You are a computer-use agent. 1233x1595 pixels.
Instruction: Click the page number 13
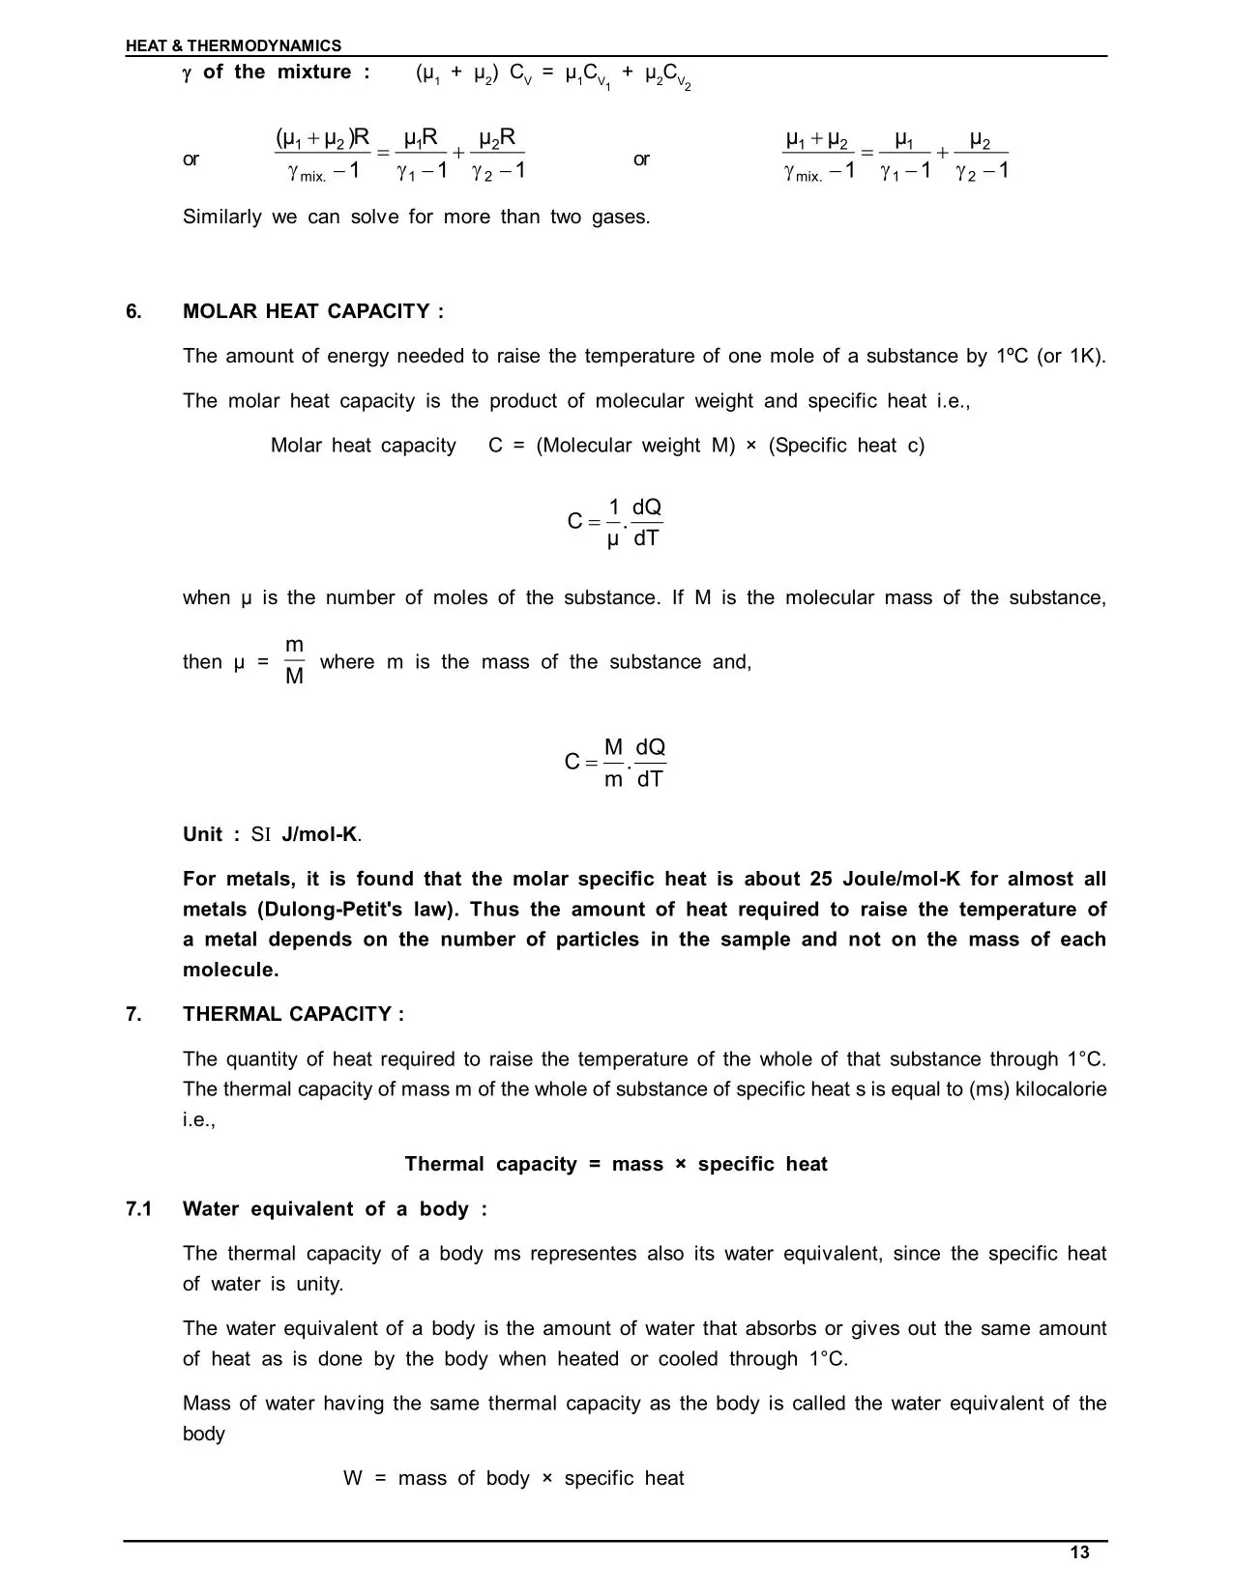pyautogui.click(x=1080, y=1552)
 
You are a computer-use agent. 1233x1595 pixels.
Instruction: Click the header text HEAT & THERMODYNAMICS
pyautogui.click(x=233, y=45)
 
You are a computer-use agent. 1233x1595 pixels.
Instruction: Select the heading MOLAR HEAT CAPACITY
pyautogui.click(x=313, y=311)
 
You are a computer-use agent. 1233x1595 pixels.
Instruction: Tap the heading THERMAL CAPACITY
pyautogui.click(x=293, y=1014)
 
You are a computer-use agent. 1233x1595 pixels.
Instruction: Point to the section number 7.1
pyautogui.click(x=139, y=1209)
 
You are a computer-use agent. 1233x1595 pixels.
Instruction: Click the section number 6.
pyautogui.click(x=133, y=311)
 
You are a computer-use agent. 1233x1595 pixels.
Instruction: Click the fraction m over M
pyautogui.click(x=295, y=661)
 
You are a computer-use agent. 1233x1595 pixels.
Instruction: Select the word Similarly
pyautogui.click(x=221, y=217)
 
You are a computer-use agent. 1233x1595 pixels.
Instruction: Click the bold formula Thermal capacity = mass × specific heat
pyautogui.click(x=616, y=1164)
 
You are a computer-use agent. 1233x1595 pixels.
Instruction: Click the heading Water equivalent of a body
pyautogui.click(x=335, y=1209)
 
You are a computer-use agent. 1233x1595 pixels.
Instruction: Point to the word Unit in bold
pyautogui.click(x=203, y=834)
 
